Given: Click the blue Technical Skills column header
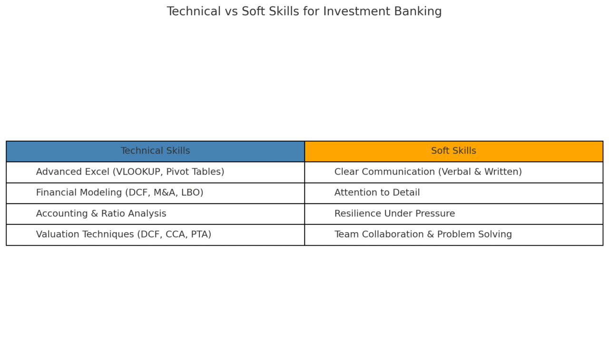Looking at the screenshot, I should tap(155, 151).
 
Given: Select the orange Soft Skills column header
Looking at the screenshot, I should tap(453, 151).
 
